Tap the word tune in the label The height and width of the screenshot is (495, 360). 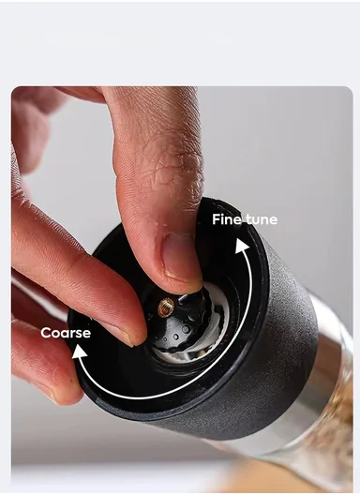tap(262, 219)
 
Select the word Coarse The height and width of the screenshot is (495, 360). tap(66, 333)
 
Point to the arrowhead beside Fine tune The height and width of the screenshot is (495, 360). tap(242, 246)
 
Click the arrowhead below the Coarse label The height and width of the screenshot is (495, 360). tap(80, 352)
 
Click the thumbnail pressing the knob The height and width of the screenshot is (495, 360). tap(179, 256)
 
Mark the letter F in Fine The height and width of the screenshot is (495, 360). tap(216, 219)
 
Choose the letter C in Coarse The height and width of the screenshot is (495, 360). tap(47, 333)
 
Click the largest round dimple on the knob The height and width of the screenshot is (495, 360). tap(186, 329)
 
